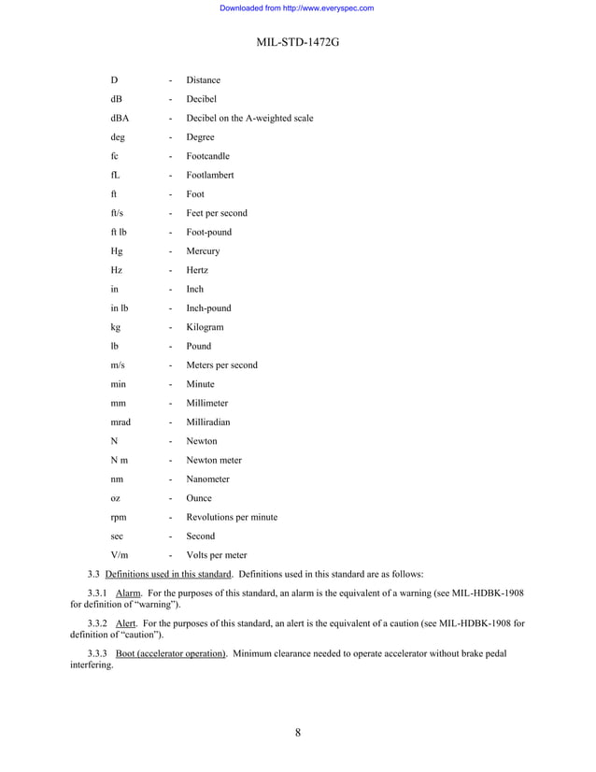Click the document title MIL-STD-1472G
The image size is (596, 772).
(297, 44)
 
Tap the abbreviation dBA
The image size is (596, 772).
(120, 119)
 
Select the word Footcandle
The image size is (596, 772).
(207, 156)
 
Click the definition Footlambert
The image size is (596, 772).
(209, 176)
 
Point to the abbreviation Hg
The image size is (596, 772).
(116, 251)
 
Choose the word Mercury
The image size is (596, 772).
(203, 251)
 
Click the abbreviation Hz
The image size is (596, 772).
(116, 270)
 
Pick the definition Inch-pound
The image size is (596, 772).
(209, 308)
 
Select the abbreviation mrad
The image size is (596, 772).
(121, 422)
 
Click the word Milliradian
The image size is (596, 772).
(209, 422)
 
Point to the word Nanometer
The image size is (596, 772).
(209, 479)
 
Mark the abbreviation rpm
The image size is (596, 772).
(119, 517)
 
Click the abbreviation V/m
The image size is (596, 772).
(120, 555)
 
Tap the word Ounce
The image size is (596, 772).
(199, 498)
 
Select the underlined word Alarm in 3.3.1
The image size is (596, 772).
(127, 593)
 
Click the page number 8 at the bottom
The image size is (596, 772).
(297, 732)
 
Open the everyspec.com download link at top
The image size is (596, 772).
(297, 8)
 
